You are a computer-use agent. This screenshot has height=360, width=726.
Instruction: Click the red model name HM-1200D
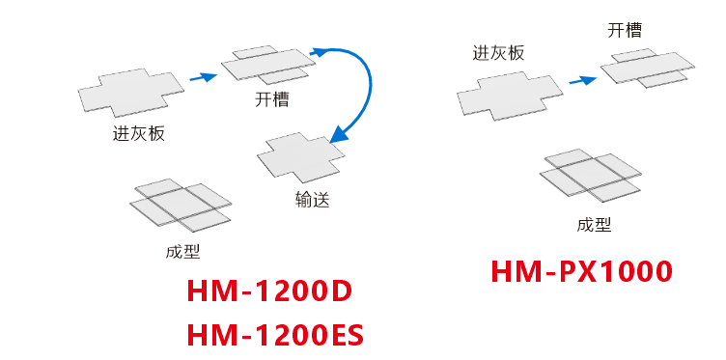pos(269,291)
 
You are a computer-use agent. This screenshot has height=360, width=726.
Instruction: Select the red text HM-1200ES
pos(275,335)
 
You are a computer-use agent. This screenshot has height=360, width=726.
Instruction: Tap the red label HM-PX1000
pos(581,272)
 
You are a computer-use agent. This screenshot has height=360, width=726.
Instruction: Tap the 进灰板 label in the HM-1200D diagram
pos(139,133)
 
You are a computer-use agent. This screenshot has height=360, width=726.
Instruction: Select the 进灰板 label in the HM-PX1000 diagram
pos(498,53)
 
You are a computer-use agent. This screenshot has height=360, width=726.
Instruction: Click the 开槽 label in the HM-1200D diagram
pos(271,98)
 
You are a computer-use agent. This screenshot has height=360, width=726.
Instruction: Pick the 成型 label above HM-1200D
pos(182,252)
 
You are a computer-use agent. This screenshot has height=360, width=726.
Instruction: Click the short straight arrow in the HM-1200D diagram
pos(202,76)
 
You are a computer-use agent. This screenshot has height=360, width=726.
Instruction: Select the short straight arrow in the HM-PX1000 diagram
pos(581,80)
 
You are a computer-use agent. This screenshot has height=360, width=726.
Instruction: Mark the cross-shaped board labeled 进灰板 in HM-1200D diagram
pos(130,93)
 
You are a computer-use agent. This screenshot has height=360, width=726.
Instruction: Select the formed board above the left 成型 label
pos(181,206)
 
